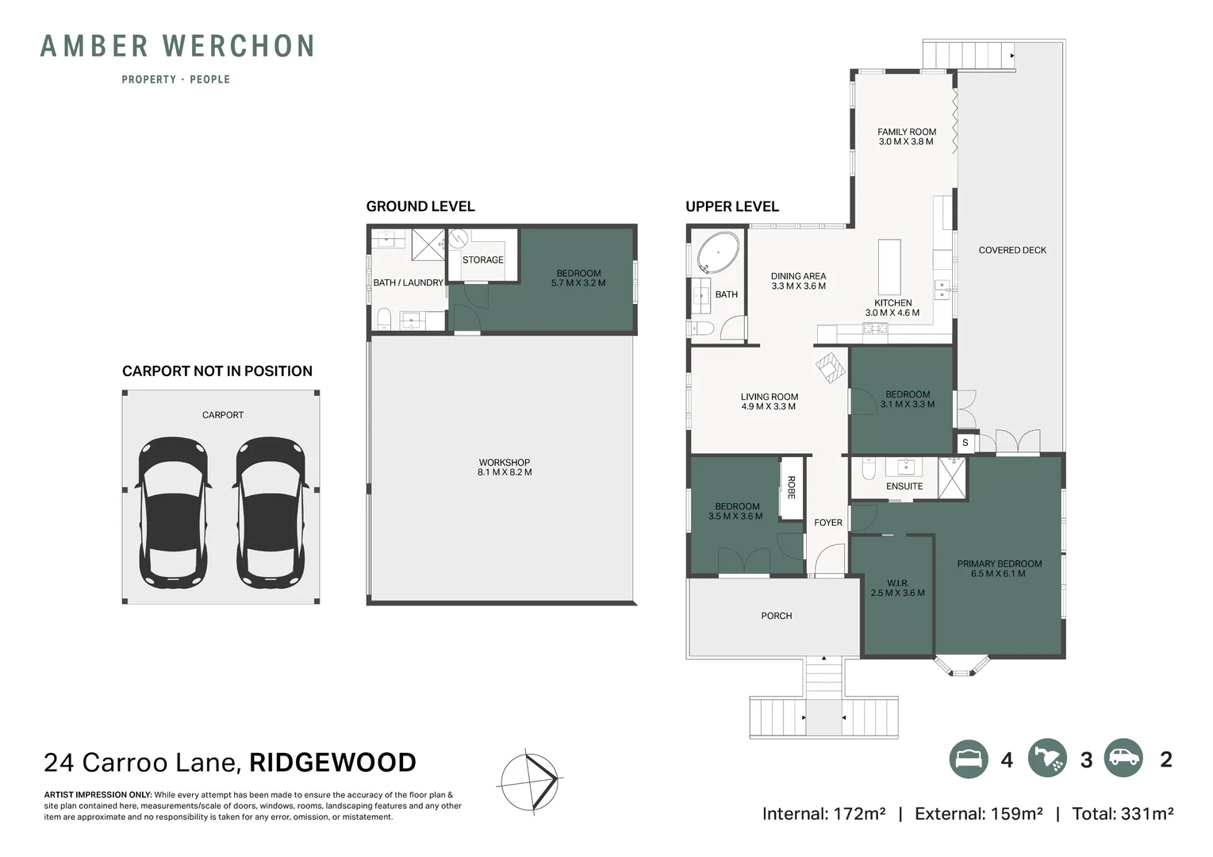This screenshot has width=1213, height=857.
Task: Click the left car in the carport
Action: tap(173, 513)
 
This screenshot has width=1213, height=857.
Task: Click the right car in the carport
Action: tap(271, 513)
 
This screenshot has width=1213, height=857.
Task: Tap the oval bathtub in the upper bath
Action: tap(717, 253)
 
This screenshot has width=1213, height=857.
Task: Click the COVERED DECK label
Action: tap(1012, 250)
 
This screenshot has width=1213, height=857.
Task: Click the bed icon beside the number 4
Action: tap(969, 759)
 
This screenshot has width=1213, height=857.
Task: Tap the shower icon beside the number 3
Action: tap(1047, 759)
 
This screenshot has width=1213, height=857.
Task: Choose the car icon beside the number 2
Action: tap(1123, 758)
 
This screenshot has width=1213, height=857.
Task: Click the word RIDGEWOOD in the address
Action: tap(332, 763)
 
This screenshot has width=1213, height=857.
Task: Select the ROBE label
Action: tap(791, 487)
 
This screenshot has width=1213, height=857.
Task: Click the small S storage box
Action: tap(965, 443)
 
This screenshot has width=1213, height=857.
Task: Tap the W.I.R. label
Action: tap(898, 583)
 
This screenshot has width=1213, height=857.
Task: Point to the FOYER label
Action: tap(828, 522)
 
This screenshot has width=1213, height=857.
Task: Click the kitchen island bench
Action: tap(889, 267)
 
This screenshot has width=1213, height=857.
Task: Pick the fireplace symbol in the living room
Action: tap(831, 368)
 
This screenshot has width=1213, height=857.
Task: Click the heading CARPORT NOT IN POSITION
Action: tap(217, 371)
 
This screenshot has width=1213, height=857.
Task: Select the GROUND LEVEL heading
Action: tap(420, 206)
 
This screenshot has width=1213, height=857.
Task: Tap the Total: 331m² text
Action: tap(1123, 813)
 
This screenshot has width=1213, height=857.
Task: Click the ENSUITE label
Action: tap(904, 486)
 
